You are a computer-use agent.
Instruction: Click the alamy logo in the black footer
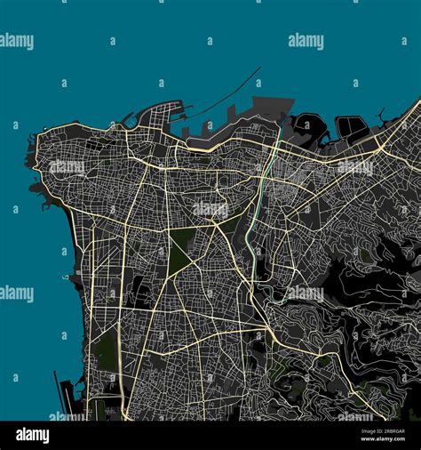[x=32, y=435]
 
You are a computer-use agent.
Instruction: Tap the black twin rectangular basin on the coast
[x=352, y=128]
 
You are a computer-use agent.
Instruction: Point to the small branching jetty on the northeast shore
[x=382, y=116]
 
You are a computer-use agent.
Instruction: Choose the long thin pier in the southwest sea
[x=63, y=392]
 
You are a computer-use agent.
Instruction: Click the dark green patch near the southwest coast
[x=107, y=347]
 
